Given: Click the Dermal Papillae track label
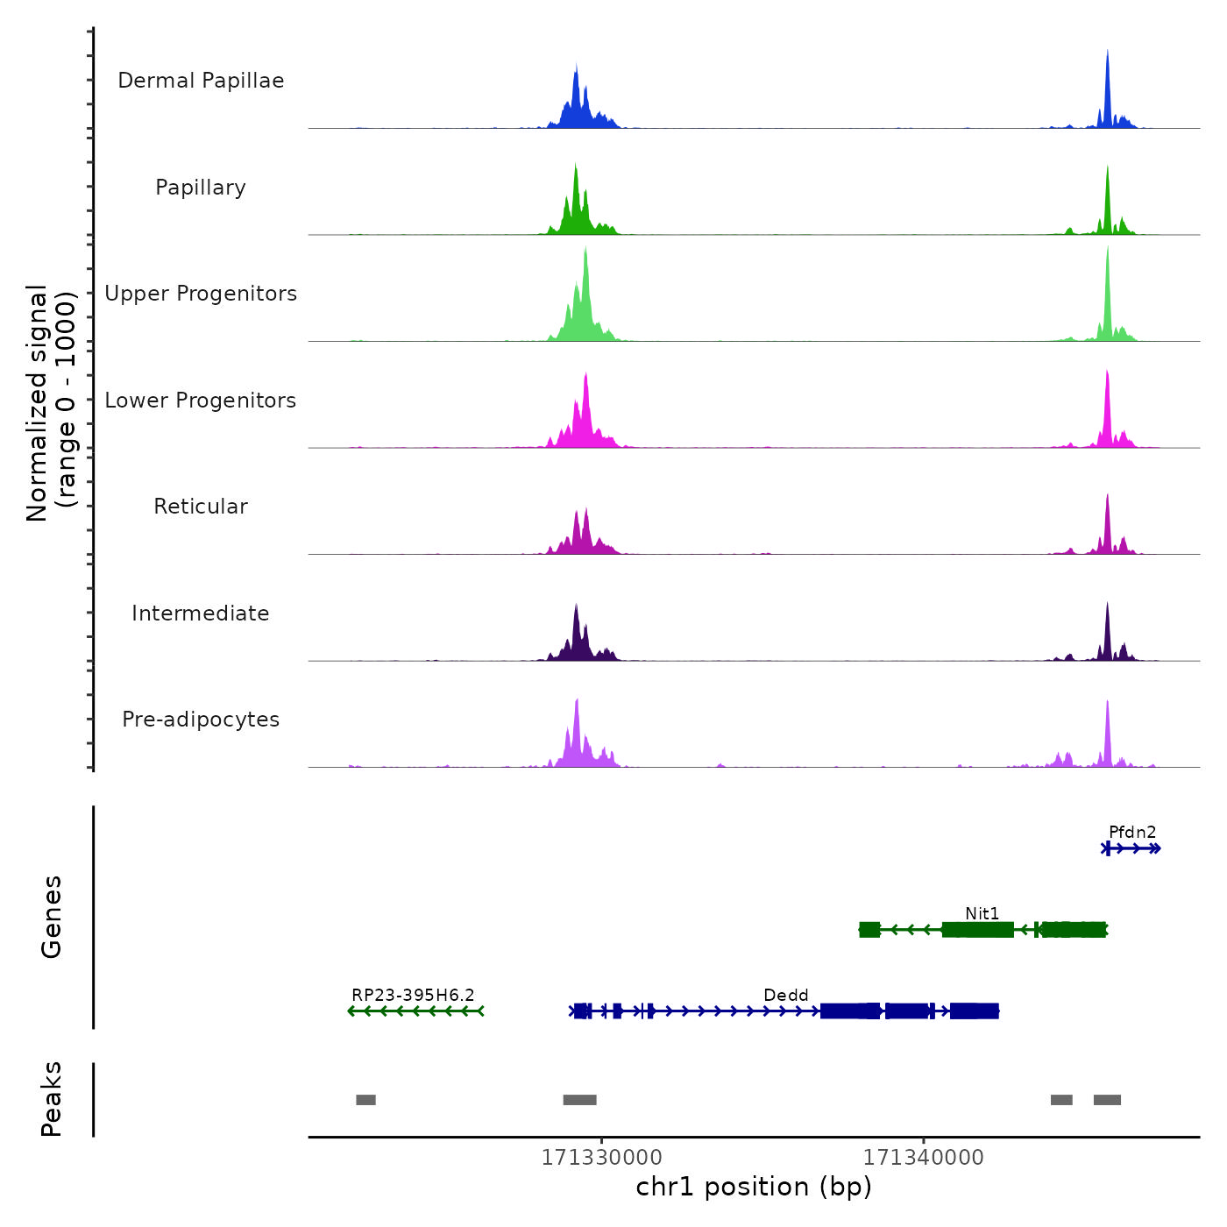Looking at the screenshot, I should point(201,81).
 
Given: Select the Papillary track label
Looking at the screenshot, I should point(201,188).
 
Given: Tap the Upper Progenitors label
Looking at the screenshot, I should point(201,294).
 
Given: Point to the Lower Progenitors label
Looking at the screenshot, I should point(201,401).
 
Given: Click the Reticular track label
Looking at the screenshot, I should point(201,507).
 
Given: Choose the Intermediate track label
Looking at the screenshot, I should point(201,613).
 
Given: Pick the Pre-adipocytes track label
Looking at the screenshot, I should point(201,720).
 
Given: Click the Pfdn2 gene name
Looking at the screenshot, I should point(1132,832).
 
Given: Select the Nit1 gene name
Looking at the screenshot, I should point(982,913).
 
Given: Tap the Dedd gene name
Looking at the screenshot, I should point(786,995).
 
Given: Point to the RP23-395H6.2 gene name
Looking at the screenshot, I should point(413,995).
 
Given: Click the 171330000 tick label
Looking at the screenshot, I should point(601,1157).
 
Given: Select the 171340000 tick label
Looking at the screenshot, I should point(923,1157).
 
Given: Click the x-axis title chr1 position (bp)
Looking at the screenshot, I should point(754,1187).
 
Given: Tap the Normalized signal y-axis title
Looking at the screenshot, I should point(51,403).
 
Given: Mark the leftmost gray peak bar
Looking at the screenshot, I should point(365,1100).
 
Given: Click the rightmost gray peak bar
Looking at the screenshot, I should point(1107,1100).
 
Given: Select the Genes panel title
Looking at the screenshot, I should point(51,917).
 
